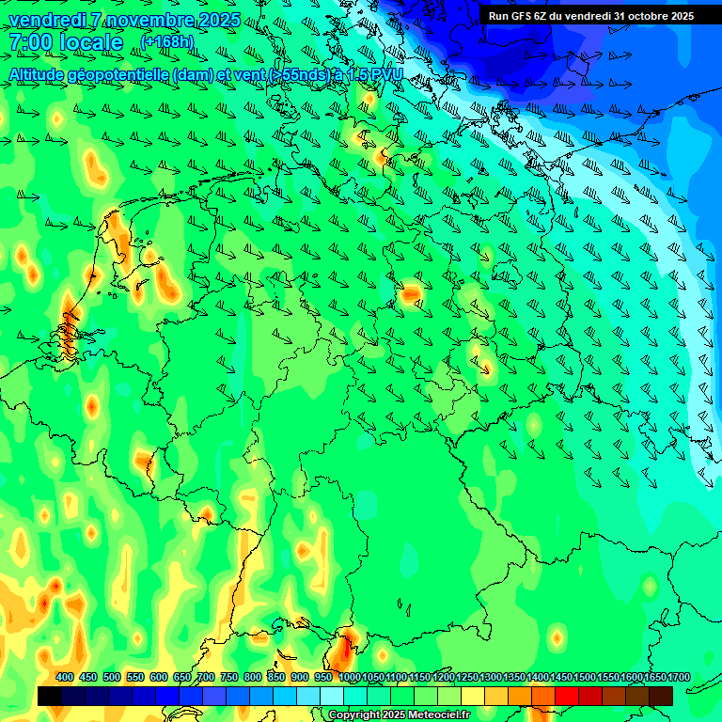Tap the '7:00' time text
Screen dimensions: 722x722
tap(30, 42)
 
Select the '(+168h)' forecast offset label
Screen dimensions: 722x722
tap(167, 42)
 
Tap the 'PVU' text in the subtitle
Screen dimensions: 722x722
tap(387, 74)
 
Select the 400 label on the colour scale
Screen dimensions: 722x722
tap(65, 677)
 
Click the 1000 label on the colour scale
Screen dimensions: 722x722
tap(350, 677)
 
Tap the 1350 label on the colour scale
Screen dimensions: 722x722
tap(514, 677)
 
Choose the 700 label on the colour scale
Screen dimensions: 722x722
tap(206, 677)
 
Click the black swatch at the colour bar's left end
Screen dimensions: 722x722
tap(50, 696)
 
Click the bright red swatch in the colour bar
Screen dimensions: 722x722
tap(567, 696)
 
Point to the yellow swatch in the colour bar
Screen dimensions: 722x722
tap(473, 696)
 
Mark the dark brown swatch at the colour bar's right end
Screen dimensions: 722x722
tap(661, 696)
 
